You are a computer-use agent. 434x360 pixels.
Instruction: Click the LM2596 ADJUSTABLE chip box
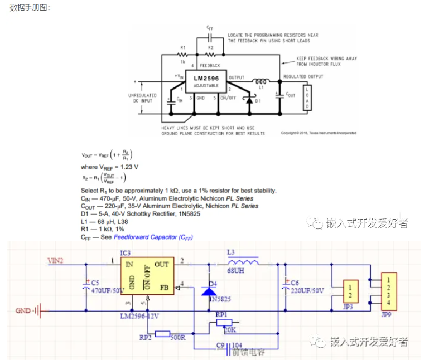point(206,82)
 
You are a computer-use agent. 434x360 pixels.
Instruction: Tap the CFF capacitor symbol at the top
point(210,37)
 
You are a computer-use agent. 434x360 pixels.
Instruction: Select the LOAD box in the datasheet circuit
point(306,99)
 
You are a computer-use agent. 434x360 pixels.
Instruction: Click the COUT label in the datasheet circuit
point(290,95)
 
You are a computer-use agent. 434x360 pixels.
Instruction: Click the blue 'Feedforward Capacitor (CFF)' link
point(153,237)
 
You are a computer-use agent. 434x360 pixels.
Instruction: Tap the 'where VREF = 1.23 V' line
point(109,167)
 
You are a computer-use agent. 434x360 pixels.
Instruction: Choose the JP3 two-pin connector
point(350,290)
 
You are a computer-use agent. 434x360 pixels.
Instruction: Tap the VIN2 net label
point(56,260)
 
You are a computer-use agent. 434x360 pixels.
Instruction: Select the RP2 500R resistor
point(162,334)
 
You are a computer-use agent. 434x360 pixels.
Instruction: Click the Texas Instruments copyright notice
point(318,133)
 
